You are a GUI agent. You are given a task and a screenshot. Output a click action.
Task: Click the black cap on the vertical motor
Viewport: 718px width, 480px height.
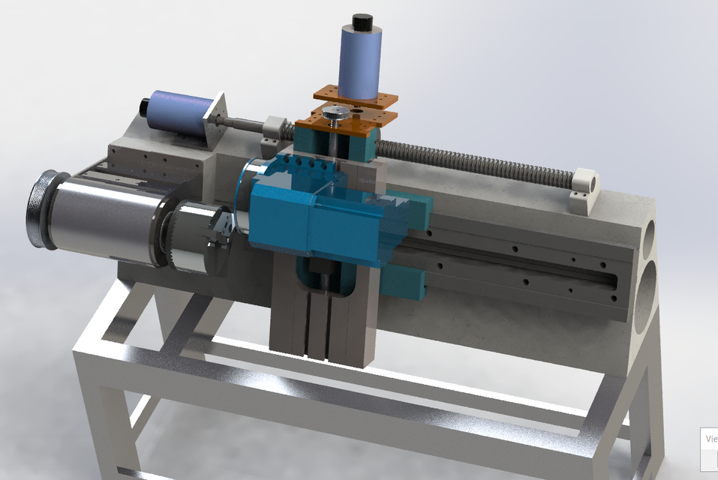(x=363, y=22)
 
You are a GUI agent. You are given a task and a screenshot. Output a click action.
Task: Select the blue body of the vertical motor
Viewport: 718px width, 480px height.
(x=361, y=63)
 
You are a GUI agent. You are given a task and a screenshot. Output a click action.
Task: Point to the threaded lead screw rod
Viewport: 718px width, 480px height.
(x=480, y=161)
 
